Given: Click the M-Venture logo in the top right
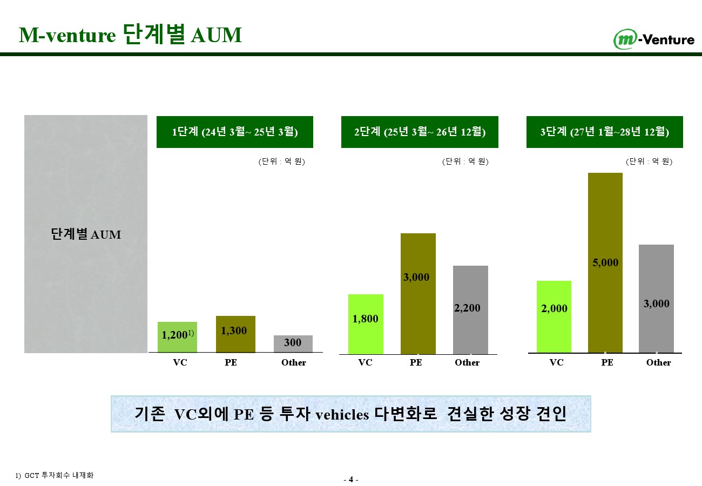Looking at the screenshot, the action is point(654,39).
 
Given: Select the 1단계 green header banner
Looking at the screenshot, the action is point(235,132).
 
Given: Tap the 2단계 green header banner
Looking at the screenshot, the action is point(420,132).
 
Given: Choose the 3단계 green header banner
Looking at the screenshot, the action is point(605,132).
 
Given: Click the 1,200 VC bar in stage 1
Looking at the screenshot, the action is point(177,337).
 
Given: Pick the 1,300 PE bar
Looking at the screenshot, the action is point(235,334).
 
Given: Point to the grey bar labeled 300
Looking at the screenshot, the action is point(293,344).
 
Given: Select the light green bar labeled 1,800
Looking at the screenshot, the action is point(366,324).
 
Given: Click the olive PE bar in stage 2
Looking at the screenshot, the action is point(418,294).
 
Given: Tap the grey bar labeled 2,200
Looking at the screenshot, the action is point(470,310).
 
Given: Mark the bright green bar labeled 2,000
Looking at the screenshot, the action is point(554,317).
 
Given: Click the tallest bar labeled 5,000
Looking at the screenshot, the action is point(605,263).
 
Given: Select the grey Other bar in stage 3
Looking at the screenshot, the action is point(656,299).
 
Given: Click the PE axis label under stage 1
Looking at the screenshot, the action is point(231,362).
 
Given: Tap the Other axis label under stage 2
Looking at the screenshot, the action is point(467,362).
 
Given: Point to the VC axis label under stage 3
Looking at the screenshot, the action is point(556,362).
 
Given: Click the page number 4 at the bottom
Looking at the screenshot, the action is point(351,480).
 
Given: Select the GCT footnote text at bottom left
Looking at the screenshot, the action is point(55,475).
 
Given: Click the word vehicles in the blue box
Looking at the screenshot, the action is point(342,415).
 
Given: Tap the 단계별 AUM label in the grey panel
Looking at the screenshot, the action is point(86,234).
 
